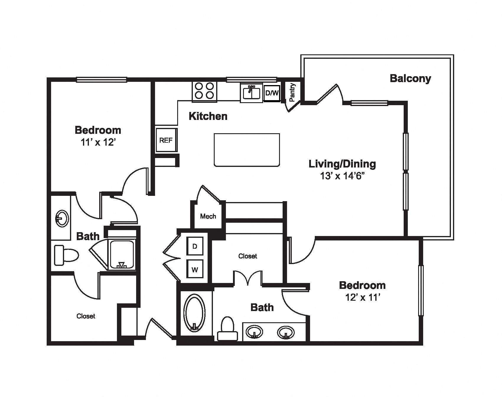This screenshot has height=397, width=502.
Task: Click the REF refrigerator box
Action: click(166, 140)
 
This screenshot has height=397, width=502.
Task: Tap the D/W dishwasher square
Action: click(272, 93)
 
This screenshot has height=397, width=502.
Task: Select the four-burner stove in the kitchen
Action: click(204, 90)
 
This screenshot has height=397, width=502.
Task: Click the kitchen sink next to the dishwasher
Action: click(251, 93)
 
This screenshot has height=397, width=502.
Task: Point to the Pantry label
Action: click(292, 92)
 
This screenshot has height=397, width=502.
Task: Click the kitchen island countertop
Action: click(247, 150)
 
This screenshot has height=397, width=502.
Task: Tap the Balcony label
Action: click(410, 78)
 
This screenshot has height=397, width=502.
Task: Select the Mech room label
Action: click(208, 216)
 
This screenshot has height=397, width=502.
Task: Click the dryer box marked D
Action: click(195, 246)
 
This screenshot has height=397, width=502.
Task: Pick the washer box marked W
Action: click(195, 269)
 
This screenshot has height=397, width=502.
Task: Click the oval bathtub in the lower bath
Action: click(194, 312)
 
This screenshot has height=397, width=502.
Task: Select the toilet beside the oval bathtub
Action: click(228, 328)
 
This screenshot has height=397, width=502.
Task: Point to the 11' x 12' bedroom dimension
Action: click(98, 143)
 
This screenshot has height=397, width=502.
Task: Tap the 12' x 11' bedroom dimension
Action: click(363, 297)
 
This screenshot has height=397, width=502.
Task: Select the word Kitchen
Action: click(208, 116)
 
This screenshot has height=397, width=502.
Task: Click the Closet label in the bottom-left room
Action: click(86, 316)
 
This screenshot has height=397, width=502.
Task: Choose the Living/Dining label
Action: click(342, 164)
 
